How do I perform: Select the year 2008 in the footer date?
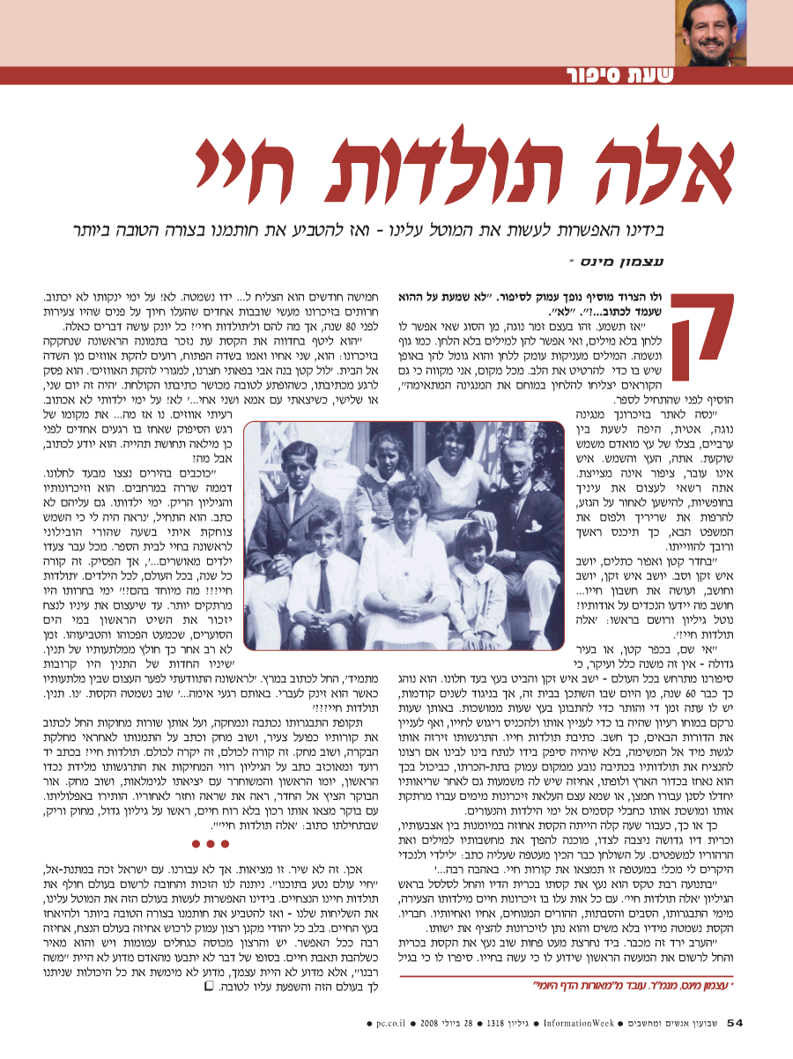click(x=429, y=1022)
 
